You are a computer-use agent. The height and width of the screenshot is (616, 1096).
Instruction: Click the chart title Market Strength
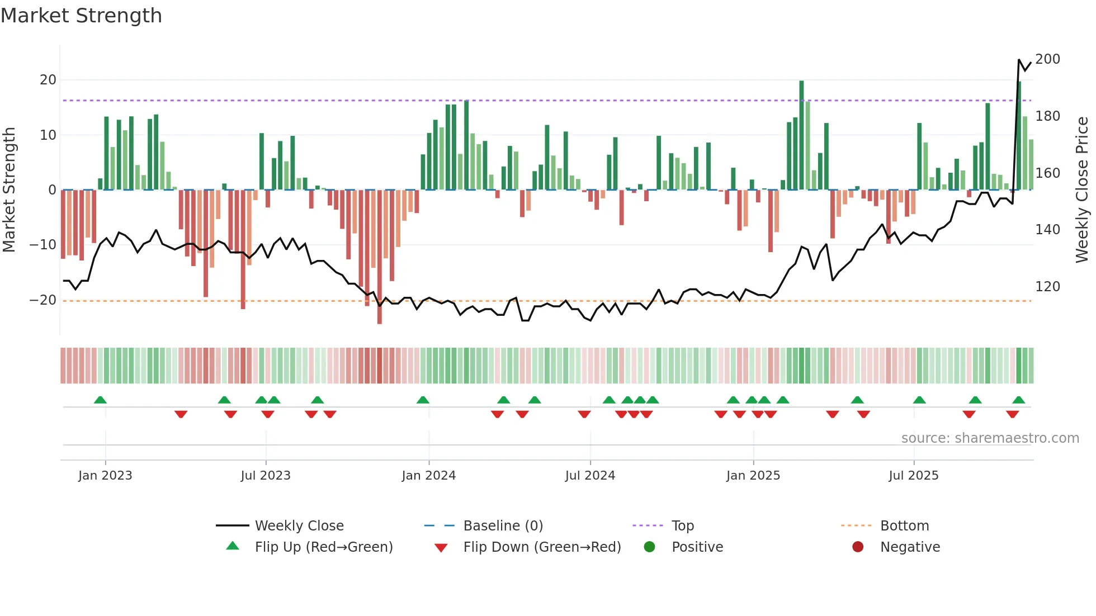click(x=81, y=16)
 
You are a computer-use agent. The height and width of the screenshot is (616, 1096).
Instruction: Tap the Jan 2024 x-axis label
click(x=428, y=476)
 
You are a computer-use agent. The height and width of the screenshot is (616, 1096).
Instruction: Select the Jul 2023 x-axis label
click(x=266, y=476)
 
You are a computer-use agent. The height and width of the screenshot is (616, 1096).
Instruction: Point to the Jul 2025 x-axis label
click(x=913, y=476)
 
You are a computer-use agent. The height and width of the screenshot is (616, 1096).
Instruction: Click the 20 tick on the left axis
click(x=48, y=80)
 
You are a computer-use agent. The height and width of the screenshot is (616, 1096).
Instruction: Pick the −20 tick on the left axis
click(x=43, y=300)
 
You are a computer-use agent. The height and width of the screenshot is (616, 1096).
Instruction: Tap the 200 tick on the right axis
click(x=1047, y=59)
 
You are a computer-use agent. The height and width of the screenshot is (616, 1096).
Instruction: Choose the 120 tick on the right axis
click(x=1047, y=287)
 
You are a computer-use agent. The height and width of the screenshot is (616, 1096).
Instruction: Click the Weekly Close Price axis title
click(x=1082, y=190)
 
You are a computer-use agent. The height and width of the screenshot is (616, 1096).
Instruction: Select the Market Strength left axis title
click(x=10, y=190)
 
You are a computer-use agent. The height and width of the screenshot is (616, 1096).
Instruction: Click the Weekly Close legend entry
click(x=299, y=526)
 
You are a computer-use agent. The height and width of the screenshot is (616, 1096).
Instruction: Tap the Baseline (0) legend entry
click(x=503, y=526)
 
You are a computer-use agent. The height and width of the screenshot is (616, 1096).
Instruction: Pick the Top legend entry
click(x=682, y=526)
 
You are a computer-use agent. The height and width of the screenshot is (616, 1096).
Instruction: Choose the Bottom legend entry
click(x=904, y=526)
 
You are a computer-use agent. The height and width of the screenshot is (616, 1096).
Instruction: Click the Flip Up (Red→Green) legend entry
click(x=323, y=547)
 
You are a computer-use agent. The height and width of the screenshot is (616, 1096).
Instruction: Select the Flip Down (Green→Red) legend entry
click(x=541, y=547)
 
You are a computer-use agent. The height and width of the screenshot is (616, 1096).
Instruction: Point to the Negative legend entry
click(x=910, y=547)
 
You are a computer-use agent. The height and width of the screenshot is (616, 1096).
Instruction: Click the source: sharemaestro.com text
click(x=990, y=438)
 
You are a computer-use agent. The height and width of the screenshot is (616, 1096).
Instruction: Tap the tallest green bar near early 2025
click(x=801, y=134)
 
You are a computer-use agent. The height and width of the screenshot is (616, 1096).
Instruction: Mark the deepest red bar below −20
click(x=380, y=257)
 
